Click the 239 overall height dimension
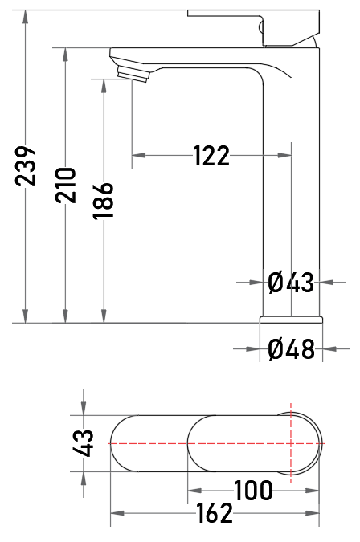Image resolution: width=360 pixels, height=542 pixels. (26, 166)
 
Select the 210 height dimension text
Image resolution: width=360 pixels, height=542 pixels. (65, 185)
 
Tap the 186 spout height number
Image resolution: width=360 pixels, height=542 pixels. (104, 201)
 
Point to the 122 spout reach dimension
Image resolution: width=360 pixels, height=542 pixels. (211, 156)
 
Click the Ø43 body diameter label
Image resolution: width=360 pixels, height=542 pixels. (291, 283)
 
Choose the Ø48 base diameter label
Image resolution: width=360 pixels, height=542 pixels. (291, 348)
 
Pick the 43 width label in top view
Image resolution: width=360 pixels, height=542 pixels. (84, 443)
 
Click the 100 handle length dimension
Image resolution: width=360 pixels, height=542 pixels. (253, 490)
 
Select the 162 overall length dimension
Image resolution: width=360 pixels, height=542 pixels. (215, 513)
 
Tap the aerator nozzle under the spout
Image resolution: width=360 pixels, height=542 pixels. (133, 73)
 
